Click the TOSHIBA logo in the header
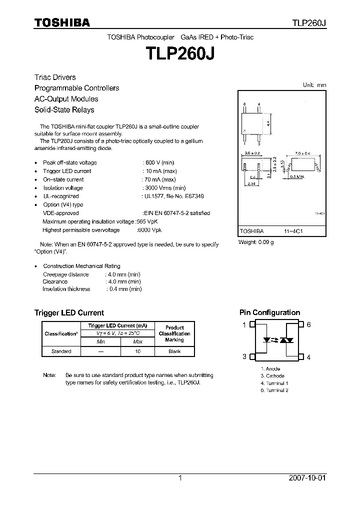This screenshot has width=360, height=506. coord(62,22)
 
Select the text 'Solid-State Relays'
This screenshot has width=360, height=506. coord(64,109)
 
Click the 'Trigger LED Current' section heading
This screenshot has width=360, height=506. coord(69,312)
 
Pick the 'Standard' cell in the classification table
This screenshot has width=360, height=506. coord(61,351)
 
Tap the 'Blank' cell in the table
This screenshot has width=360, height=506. coord(174,351)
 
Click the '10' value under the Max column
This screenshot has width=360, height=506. coord(137,351)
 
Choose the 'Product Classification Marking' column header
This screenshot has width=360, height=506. coord(174,333)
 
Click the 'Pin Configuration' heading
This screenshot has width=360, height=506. coord(269,312)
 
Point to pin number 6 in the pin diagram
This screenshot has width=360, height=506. coord(309,324)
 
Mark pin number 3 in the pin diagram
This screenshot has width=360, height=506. coord(244,356)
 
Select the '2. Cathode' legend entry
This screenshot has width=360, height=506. coord(272,376)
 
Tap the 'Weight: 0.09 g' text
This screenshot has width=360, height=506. coord(256,242)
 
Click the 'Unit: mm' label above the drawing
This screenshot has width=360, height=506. coord(314,85)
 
